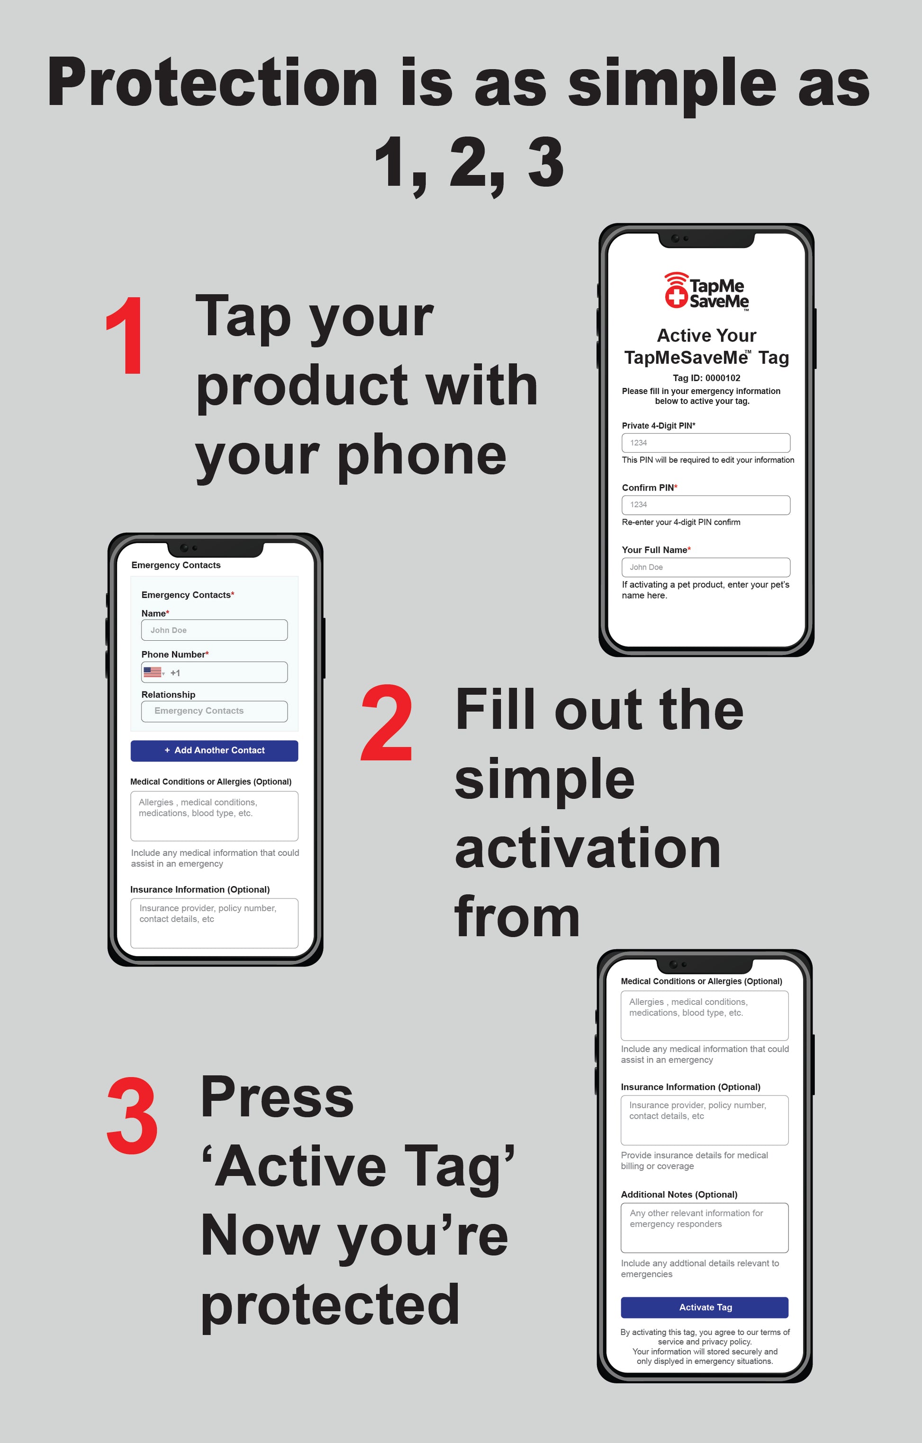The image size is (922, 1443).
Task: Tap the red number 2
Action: tap(387, 723)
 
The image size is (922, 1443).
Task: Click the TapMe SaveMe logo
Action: tap(706, 292)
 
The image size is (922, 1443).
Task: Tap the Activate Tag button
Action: tap(705, 1307)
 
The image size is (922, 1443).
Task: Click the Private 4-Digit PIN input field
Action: tap(705, 443)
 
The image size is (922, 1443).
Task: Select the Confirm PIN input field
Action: tap(705, 504)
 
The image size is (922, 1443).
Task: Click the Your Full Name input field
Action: tap(705, 567)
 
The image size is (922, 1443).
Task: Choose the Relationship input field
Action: tap(214, 711)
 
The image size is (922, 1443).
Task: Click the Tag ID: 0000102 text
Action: tap(706, 378)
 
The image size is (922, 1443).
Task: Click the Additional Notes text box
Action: tap(705, 1227)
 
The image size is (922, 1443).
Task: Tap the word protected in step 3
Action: tap(330, 1305)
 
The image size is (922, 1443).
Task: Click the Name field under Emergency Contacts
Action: tap(214, 630)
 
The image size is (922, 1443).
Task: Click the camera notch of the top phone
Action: tap(705, 239)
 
